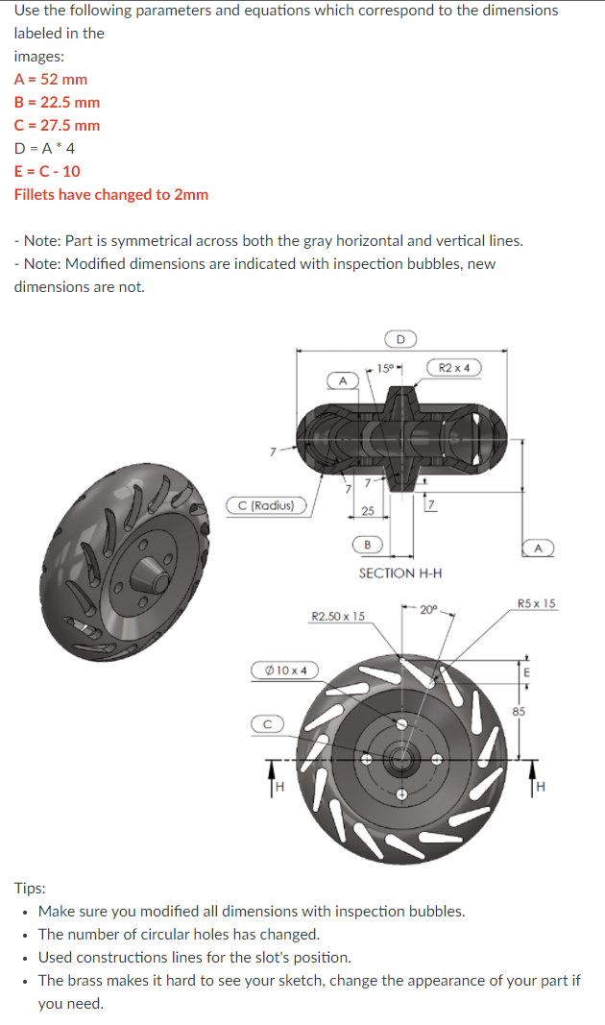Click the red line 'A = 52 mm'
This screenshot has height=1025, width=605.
tap(51, 79)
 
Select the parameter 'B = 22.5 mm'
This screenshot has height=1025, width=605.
tap(57, 102)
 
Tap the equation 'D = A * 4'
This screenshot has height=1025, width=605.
tap(45, 148)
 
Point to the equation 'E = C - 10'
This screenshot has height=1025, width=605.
tap(47, 171)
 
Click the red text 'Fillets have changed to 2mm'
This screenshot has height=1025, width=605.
tap(111, 194)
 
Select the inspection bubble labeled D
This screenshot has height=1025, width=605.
tap(400, 338)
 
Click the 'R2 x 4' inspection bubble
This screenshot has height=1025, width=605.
tap(453, 367)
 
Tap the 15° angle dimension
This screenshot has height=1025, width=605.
tap(386, 368)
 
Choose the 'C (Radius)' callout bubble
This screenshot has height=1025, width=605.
tap(266, 505)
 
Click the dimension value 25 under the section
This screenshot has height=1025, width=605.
tap(368, 510)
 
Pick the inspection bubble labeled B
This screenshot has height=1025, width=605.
tap(368, 545)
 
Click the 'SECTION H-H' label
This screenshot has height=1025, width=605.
tap(400, 574)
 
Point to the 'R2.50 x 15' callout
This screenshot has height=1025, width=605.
tap(338, 615)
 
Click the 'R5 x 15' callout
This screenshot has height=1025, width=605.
tap(536, 603)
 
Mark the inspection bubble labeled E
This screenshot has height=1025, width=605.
tap(525, 671)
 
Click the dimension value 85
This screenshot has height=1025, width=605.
tap(519, 712)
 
